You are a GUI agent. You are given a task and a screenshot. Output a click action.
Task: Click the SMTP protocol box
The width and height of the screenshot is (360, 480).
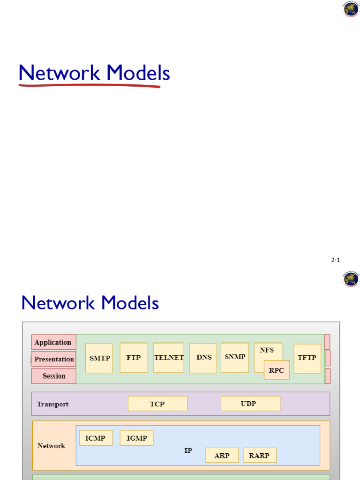[x=99, y=358]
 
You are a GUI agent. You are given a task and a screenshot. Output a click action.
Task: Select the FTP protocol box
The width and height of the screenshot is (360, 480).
[x=134, y=358]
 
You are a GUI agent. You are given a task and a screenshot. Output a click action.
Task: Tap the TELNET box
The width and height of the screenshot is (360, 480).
[x=168, y=358]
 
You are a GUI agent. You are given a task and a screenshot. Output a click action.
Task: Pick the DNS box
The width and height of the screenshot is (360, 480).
[x=203, y=358]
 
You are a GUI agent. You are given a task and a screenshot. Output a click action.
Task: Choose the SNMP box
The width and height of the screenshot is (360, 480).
[x=235, y=357]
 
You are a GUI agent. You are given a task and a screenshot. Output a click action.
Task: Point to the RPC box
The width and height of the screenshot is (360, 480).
[x=277, y=370]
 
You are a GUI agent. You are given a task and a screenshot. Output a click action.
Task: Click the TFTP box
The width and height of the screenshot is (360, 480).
[x=307, y=358]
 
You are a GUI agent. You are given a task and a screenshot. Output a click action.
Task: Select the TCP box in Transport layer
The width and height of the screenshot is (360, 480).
[x=157, y=404]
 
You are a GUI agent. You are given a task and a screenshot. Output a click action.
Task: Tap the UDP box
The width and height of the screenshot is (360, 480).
[x=250, y=404]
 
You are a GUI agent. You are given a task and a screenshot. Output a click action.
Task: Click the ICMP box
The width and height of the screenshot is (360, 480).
[x=96, y=438]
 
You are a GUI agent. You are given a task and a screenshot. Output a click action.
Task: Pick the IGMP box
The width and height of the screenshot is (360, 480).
[x=136, y=438]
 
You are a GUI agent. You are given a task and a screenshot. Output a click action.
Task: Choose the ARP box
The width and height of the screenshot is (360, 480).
[x=222, y=455]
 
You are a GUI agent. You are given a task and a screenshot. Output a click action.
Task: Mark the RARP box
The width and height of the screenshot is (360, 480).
[x=259, y=455]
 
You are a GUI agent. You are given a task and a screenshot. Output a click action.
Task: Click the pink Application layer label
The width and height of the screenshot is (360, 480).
[x=53, y=342]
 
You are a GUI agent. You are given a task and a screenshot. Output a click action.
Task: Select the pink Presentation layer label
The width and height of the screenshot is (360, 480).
[x=54, y=359]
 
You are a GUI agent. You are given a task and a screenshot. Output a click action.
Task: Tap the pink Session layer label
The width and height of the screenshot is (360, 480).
[x=54, y=376]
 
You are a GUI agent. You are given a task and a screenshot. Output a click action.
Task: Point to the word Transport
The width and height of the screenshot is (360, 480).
[x=52, y=404]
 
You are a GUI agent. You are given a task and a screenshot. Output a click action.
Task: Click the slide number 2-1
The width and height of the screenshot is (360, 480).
[x=335, y=260]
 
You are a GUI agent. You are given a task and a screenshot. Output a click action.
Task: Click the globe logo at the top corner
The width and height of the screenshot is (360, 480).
[x=351, y=9]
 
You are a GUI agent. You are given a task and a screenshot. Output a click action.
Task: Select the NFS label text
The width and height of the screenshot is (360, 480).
[x=267, y=350]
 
